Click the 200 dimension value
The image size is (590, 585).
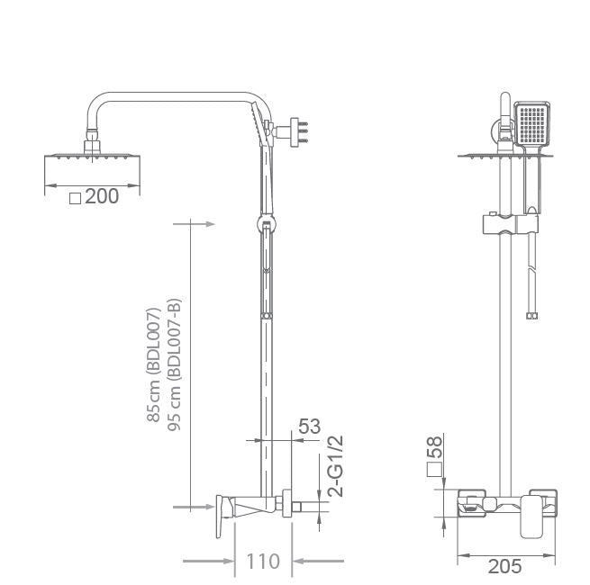(x=102, y=196)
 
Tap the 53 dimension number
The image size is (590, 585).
(x=309, y=427)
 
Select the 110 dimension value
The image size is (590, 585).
(x=263, y=562)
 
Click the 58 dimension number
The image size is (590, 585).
(x=434, y=446)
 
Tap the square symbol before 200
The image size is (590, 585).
(x=76, y=197)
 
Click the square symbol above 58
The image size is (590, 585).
(x=434, y=469)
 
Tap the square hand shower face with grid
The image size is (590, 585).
(x=529, y=124)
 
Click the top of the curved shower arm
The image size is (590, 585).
(x=171, y=93)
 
